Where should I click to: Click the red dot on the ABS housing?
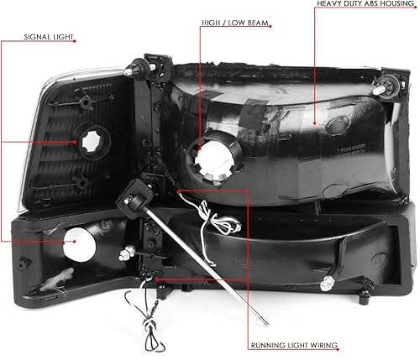click(x=315, y=123)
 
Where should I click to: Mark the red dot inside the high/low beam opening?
click(x=201, y=157)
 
